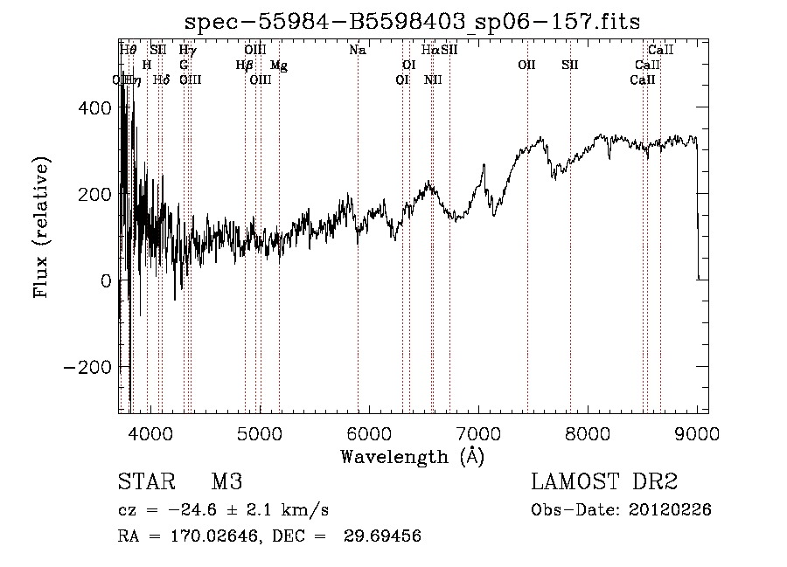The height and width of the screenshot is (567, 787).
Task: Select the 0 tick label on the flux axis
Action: point(105,280)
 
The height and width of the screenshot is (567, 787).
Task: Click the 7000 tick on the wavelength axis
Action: point(478,432)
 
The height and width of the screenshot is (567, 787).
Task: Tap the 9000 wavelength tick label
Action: point(697,432)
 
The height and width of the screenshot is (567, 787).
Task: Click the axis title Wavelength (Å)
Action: point(412,456)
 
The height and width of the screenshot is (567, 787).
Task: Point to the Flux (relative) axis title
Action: point(42,227)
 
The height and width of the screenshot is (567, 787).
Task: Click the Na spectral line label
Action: point(357,51)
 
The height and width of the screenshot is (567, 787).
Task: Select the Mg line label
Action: point(278,65)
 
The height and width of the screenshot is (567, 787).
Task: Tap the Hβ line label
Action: point(245,65)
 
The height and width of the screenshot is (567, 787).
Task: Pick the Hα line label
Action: point(430,51)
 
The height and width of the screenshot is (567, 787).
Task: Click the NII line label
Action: point(433,80)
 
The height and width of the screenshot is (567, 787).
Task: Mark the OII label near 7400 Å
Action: point(526,65)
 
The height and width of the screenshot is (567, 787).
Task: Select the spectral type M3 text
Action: point(226,482)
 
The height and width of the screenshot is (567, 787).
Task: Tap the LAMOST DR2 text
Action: point(604,482)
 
